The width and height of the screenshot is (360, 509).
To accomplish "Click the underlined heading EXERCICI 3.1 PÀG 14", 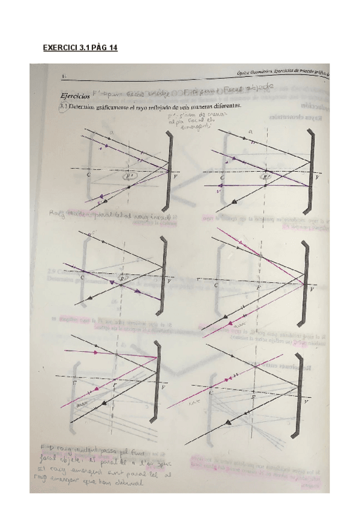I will point(80,47).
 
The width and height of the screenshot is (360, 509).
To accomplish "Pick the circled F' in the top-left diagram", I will point(130,177).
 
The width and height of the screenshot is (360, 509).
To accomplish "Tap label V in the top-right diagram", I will point(317,178).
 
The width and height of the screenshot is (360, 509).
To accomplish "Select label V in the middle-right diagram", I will point(311,289).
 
